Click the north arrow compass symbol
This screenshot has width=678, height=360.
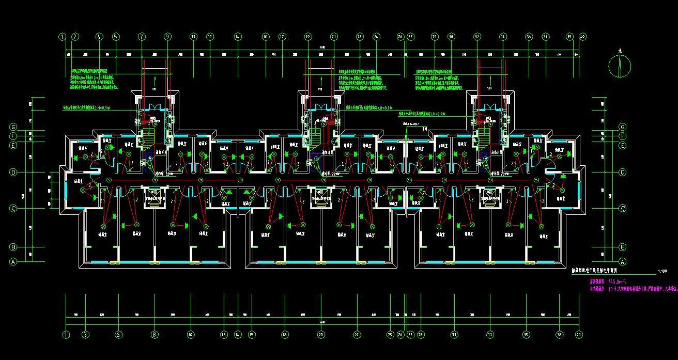[620, 65]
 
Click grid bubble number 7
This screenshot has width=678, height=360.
[142, 37]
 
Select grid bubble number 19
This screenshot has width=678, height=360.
[308, 37]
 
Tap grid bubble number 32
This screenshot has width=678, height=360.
[477, 37]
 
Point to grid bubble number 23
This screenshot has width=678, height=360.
[359, 37]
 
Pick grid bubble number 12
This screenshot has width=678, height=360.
[210, 37]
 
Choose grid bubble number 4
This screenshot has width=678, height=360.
[99, 37]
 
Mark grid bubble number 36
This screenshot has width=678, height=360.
[529, 37]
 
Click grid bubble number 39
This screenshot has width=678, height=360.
[569, 37]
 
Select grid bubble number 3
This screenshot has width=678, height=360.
[85, 334]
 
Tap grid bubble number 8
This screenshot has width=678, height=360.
[154, 334]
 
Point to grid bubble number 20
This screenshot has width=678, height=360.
[321, 334]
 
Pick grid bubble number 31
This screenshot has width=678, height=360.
[454, 334]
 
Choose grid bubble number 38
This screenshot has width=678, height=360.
[560, 334]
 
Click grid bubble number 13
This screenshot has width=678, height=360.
[224, 334]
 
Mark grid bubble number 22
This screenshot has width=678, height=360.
[357, 334]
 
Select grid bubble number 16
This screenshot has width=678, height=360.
[265, 37]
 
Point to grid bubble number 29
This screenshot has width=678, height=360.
[435, 37]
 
